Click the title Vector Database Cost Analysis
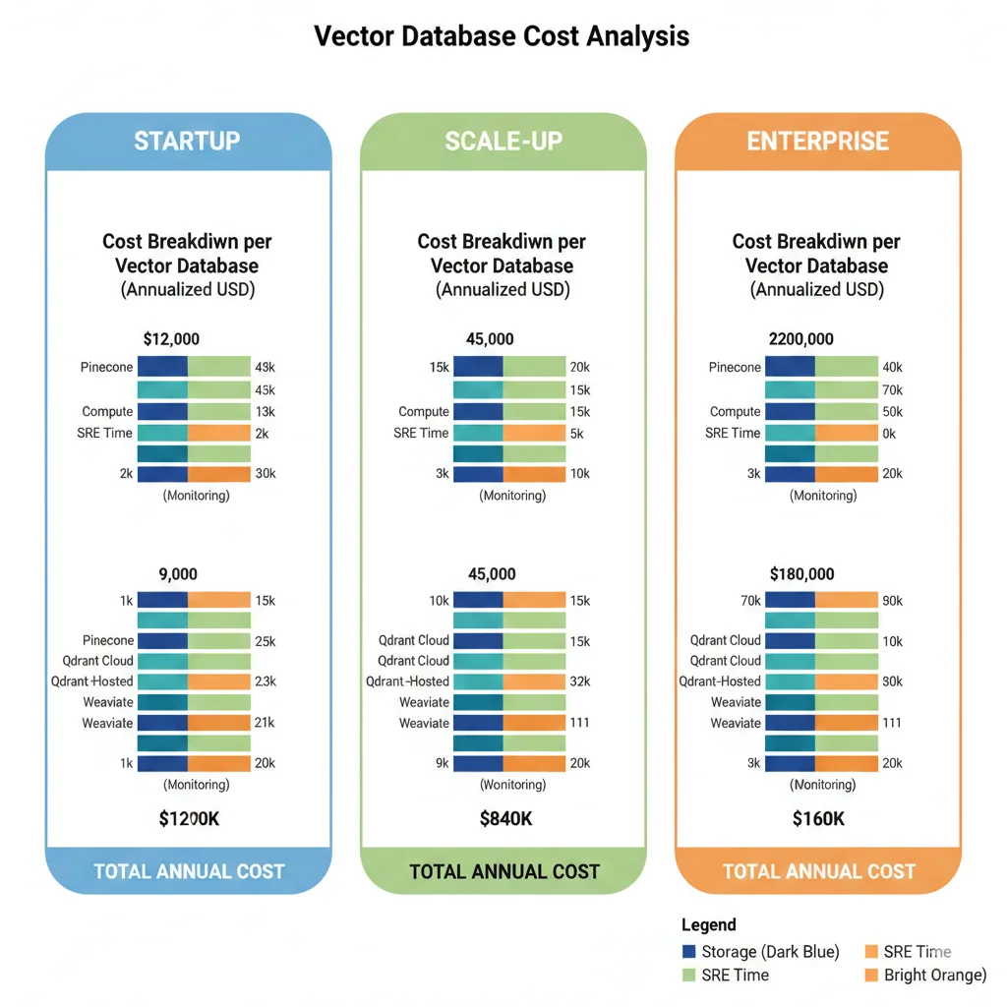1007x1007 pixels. [x=502, y=37]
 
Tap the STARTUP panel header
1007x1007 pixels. [x=187, y=141]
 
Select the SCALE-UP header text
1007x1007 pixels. [x=503, y=141]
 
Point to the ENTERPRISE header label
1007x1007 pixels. [x=817, y=141]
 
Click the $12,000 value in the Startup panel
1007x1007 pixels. [x=171, y=339]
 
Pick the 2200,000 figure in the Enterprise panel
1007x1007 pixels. [x=800, y=339]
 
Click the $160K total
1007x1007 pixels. [x=818, y=818]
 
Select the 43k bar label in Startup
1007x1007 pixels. [x=265, y=367]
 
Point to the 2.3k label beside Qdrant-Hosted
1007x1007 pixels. [x=266, y=681]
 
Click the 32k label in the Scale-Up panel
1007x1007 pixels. [x=579, y=681]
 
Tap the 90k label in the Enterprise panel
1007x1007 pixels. [x=893, y=600]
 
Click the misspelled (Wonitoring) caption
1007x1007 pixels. [x=512, y=785]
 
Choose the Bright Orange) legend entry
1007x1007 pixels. [x=934, y=975]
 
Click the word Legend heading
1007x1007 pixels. [x=708, y=924]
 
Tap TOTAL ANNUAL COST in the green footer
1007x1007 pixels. [x=503, y=871]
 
